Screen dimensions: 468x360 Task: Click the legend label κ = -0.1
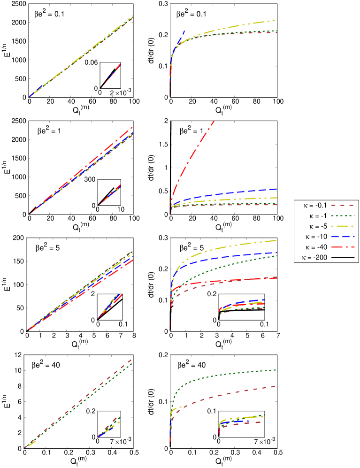coord(316,206)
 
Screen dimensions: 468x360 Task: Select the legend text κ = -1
coord(318,216)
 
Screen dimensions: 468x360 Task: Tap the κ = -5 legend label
coord(318,226)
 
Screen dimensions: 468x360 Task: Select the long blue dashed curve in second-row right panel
coord(235,192)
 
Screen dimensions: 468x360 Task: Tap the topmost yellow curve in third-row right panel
coord(235,246)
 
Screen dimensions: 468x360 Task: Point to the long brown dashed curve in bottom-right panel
coord(235,393)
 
